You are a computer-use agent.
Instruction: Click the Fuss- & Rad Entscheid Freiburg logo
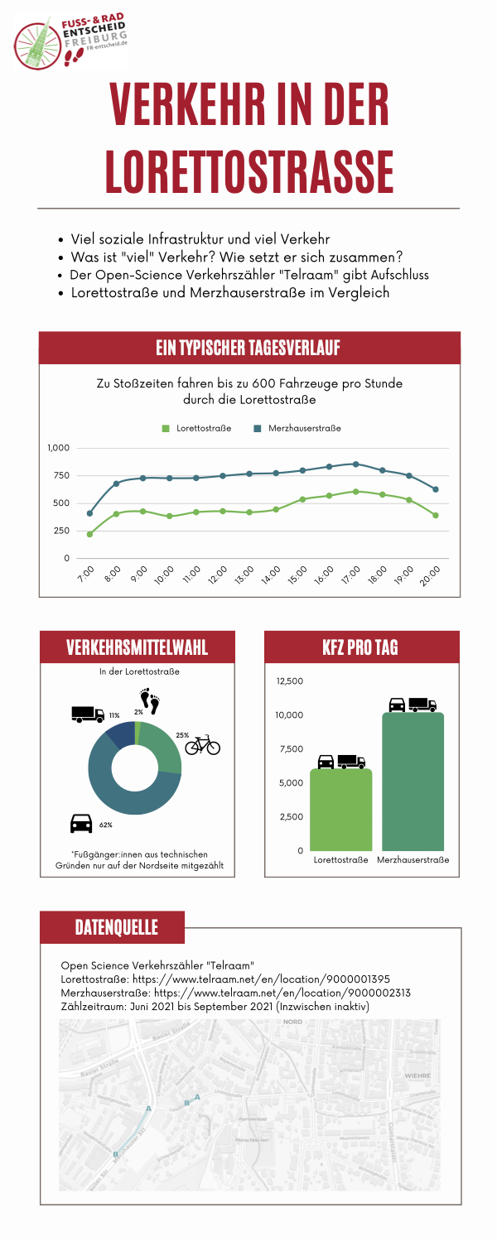(x=70, y=41)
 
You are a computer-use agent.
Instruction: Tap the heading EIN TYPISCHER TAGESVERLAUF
(x=248, y=348)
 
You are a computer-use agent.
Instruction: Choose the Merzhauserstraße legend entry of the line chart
(x=297, y=428)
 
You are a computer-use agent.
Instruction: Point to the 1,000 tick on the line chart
(x=59, y=448)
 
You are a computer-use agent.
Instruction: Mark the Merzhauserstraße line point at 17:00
(x=355, y=464)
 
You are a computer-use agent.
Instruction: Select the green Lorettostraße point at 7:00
(x=89, y=534)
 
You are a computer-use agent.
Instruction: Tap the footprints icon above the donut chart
(x=150, y=702)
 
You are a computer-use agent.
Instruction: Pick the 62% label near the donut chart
(x=105, y=825)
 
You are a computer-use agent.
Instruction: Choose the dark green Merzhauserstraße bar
(x=413, y=782)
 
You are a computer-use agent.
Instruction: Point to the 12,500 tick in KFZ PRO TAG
(x=290, y=681)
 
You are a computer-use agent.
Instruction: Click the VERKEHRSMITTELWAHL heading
(x=138, y=647)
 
